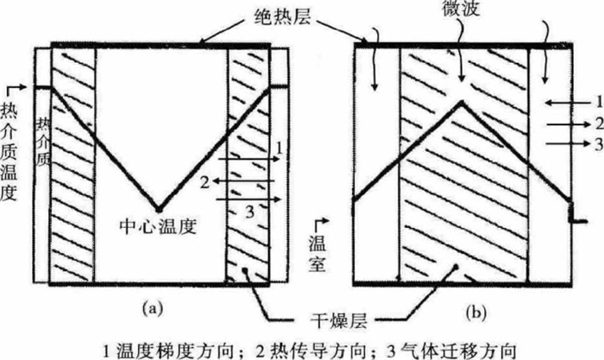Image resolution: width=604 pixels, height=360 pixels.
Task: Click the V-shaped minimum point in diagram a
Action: pyautogui.click(x=158, y=209)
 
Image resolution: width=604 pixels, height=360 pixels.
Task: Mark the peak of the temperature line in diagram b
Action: pyautogui.click(x=462, y=103)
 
